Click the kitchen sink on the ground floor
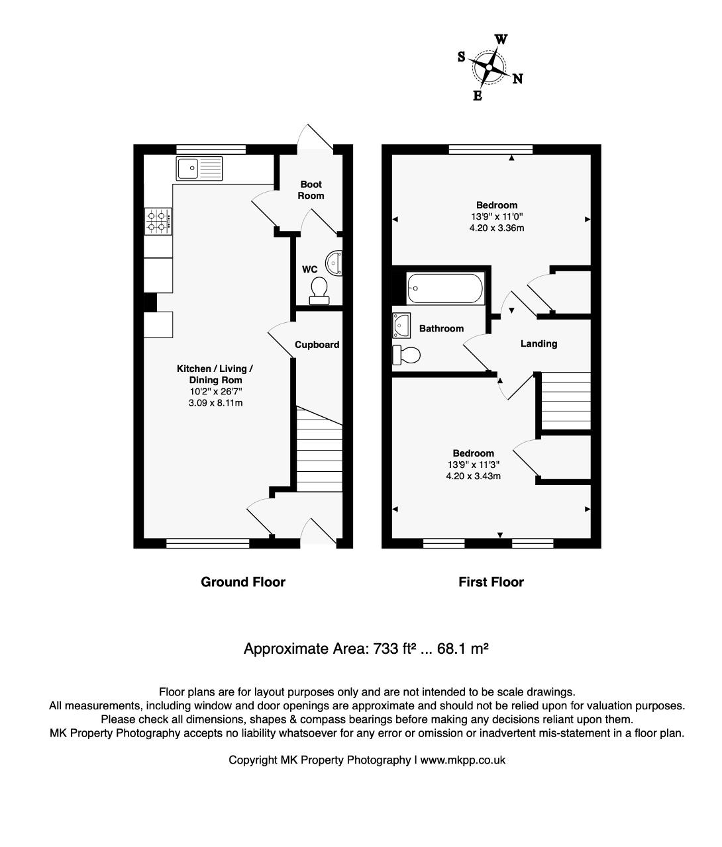pos(199,169)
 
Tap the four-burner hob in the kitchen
pos(158,221)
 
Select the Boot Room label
pos(311,190)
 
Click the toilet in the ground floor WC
pos(319,291)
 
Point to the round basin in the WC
pos(334,263)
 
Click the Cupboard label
pos(317,345)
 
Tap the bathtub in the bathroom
pos(445,289)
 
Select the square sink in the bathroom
pos(401,326)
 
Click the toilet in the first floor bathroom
pos(406,355)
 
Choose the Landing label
pos(539,344)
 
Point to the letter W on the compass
pos(501,40)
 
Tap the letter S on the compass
pos(462,57)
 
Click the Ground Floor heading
pos(243,582)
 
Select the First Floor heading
pos(491,582)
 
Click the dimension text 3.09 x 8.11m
pos(215,403)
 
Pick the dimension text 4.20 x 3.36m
pos(497,228)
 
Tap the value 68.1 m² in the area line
pos(463,648)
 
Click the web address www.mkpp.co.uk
pos(463,760)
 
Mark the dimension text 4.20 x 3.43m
pos(474,476)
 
